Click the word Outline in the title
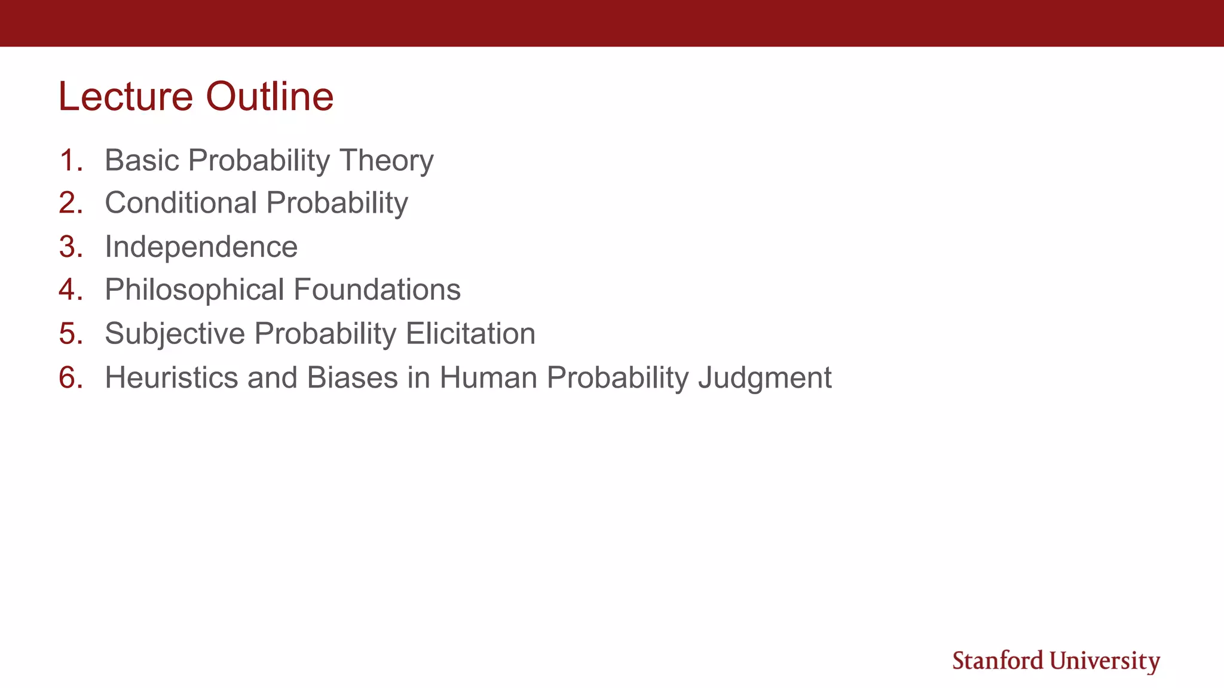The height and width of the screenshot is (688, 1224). click(x=270, y=97)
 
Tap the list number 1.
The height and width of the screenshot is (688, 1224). click(x=70, y=160)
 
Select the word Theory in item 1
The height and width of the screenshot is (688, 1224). click(x=386, y=160)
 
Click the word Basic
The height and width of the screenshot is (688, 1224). click(x=142, y=160)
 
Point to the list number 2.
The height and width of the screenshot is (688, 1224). click(x=70, y=203)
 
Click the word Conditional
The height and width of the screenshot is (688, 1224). click(x=180, y=203)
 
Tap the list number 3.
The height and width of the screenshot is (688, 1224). click(x=70, y=247)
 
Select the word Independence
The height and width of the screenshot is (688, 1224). click(x=201, y=247)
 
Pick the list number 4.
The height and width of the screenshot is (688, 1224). click(x=70, y=290)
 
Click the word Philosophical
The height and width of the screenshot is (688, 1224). click(x=194, y=290)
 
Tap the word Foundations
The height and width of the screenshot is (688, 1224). click(x=377, y=290)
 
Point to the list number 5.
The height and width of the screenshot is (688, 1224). click(x=70, y=333)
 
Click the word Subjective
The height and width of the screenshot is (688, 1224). click(x=175, y=333)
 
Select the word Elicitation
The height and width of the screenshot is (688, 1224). click(x=470, y=333)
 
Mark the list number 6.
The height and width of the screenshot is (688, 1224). click(x=70, y=377)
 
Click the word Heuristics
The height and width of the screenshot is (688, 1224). click(x=171, y=377)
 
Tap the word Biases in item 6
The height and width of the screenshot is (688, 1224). click(x=352, y=377)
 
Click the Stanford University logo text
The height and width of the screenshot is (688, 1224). click(x=1055, y=661)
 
